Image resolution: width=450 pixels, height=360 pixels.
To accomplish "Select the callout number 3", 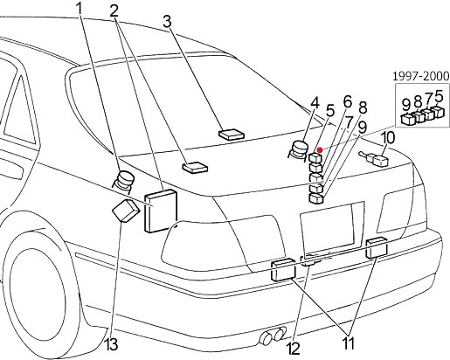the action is tap(167, 22).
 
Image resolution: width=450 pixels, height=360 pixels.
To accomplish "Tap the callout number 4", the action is tap(315, 104).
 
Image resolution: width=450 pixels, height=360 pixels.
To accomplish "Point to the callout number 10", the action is tap(388, 137).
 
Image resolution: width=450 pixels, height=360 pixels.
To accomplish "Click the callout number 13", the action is tap(111, 344).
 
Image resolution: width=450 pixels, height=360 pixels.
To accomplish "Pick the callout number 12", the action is tap(294, 349).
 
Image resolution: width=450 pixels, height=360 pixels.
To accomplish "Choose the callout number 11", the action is tap(348, 343).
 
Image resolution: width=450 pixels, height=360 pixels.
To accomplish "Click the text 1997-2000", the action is tap(421, 76).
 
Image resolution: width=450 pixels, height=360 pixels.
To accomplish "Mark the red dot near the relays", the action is tap(320, 150).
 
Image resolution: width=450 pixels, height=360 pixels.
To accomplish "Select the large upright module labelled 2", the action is tap(161, 211).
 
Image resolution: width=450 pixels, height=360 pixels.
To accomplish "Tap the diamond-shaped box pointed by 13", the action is tap(126, 211).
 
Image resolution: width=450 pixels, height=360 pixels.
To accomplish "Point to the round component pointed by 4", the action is tap(299, 149).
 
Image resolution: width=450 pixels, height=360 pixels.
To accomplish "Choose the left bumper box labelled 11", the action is tap(283, 270).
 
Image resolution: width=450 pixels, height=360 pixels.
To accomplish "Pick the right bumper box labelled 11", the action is tap(377, 247).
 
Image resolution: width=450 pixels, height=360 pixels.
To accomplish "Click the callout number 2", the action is tap(114, 12).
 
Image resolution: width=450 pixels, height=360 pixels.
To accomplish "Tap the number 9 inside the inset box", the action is tap(406, 105).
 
